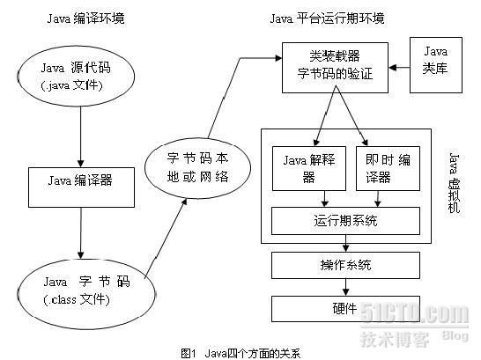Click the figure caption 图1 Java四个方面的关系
pos(240,352)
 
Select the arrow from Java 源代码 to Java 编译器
pos(81,138)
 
